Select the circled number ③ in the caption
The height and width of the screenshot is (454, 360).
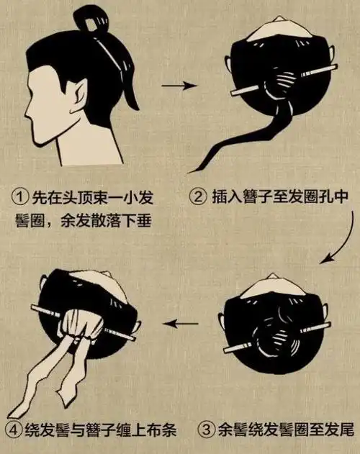coord(206,430)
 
